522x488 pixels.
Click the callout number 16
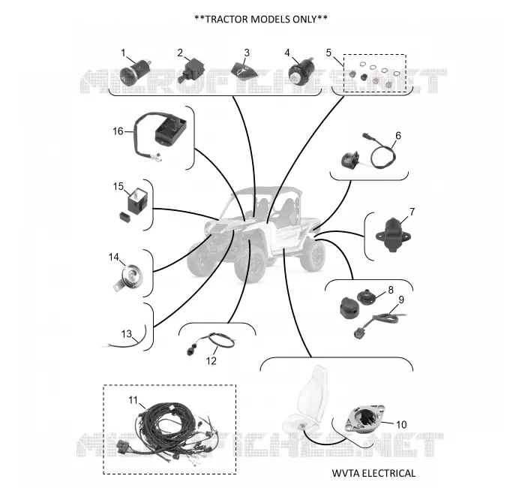[x=118, y=131]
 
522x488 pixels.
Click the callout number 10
[x=401, y=424]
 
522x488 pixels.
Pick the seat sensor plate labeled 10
[x=364, y=418]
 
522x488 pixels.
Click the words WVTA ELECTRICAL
[x=373, y=473]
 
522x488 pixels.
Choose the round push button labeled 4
[x=301, y=71]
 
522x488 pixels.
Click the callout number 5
[x=328, y=53]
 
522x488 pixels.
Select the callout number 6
[x=398, y=135]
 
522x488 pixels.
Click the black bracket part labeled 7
[x=393, y=235]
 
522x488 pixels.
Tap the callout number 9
[x=401, y=300]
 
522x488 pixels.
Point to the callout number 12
[x=211, y=360]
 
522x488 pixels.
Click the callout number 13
[x=127, y=333]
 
